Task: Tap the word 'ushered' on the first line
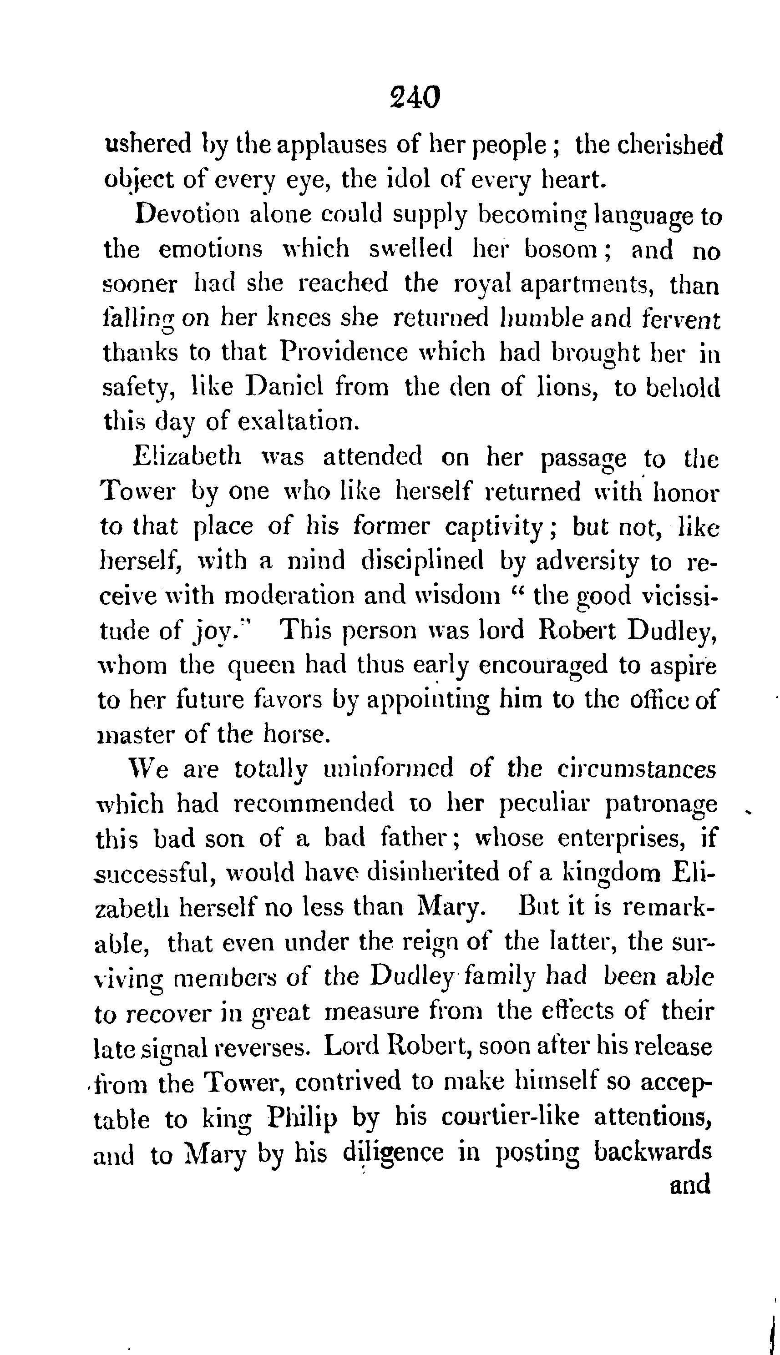[147, 144]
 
